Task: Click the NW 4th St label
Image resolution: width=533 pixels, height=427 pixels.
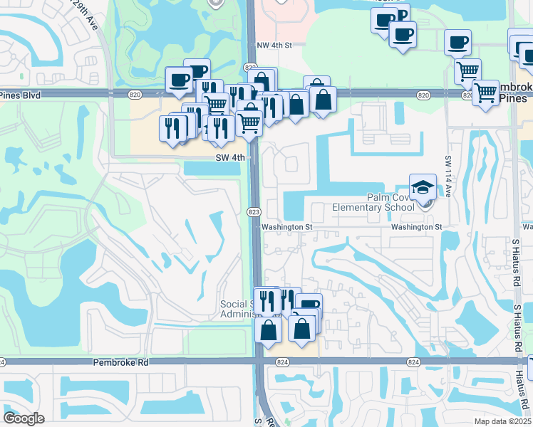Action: coord(274,45)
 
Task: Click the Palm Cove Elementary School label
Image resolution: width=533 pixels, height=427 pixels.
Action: coord(373,202)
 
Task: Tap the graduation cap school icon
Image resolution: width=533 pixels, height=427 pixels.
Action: coord(423,187)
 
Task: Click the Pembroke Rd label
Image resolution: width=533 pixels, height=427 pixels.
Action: coord(120,362)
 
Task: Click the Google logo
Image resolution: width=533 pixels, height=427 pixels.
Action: coord(23,418)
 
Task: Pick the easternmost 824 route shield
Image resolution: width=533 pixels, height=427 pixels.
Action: coord(413,362)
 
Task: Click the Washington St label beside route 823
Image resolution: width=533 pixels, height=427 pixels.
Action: coord(287,227)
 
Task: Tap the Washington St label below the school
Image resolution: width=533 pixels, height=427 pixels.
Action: coord(416,227)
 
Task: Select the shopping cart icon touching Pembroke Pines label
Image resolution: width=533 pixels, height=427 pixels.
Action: coord(485,92)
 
